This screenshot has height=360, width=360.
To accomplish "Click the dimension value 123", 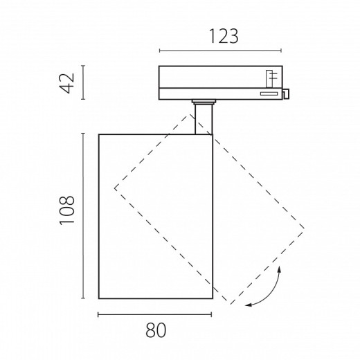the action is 224,36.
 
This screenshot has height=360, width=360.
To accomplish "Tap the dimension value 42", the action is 67,83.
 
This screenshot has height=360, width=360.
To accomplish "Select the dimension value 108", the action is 67,210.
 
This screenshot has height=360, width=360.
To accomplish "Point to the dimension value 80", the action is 156,330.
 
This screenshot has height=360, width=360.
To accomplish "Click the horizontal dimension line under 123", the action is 220,51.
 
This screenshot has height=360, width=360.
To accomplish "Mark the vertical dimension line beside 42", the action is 83,82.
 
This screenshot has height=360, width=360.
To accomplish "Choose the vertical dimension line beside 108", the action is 83,216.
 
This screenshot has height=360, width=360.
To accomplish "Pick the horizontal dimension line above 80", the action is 155,314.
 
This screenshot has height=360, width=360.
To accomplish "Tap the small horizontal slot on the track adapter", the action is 269,93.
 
